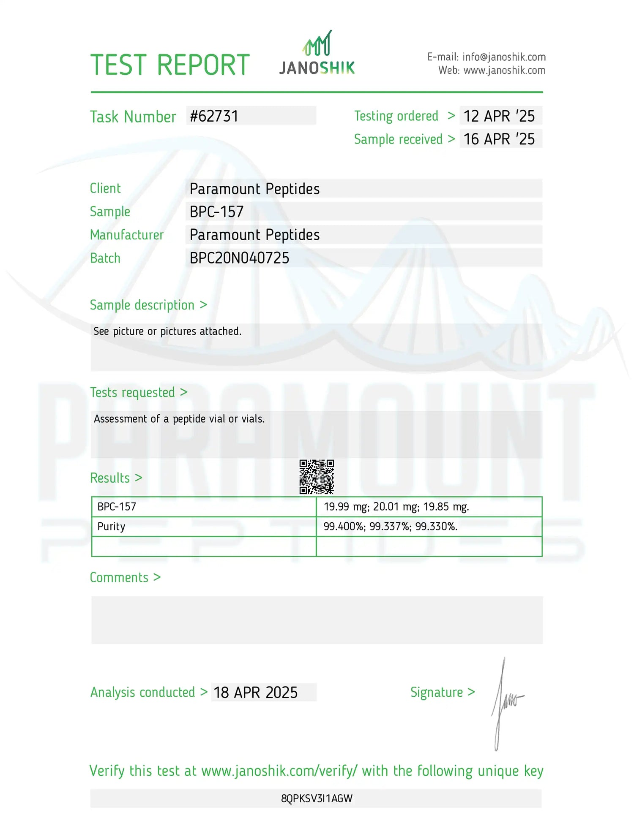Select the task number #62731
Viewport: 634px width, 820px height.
pos(214,116)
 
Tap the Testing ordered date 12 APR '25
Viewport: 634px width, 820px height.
pos(499,116)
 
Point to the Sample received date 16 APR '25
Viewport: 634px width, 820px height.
pos(499,139)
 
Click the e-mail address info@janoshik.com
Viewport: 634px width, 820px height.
pos(504,57)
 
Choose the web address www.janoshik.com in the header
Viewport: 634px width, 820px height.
pos(504,71)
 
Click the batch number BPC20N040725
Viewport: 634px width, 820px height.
pos(239,258)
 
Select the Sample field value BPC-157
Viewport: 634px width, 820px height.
pos(216,212)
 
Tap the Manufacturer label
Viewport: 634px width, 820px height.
pos(126,235)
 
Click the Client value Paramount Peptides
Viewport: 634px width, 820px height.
pos(254,189)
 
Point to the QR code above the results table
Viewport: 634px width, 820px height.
pos(317,477)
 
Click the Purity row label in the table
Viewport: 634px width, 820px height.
pos(111,527)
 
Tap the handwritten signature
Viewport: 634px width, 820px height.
pos(506,703)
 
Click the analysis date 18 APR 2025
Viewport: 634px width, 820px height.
pos(255,692)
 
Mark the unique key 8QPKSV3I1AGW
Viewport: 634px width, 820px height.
pos(317,798)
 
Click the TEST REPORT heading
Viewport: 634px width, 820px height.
pos(170,65)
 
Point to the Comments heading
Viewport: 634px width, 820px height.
pos(119,577)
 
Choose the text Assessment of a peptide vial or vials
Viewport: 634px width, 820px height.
pos(179,419)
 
